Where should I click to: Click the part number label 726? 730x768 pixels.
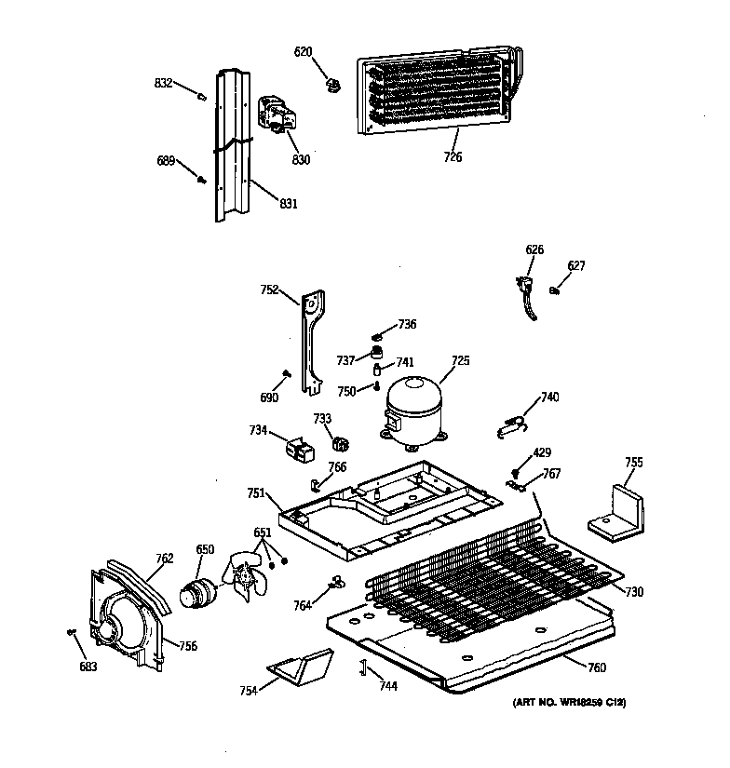point(453,157)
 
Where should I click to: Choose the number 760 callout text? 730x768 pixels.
point(597,667)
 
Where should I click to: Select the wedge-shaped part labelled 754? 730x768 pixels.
point(300,667)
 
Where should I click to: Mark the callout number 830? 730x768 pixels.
point(301,159)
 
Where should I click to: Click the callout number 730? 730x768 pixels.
point(633,592)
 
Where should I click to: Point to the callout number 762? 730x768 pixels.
point(164,559)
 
